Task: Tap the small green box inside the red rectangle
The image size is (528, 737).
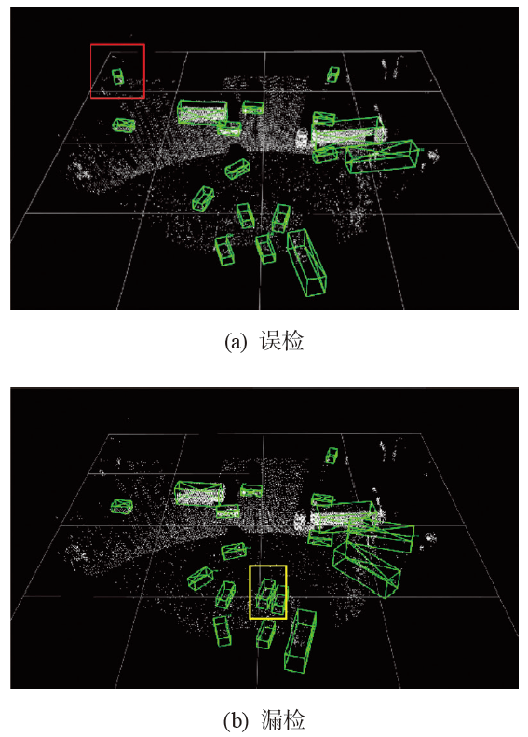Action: pos(117,76)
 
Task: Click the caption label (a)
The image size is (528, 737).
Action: pos(236,342)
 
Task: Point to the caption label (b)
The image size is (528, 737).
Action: pos(236,720)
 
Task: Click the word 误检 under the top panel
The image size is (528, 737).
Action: pos(281,341)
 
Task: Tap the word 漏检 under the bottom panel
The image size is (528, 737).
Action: pos(282,720)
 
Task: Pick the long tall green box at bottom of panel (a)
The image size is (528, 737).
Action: pos(306,262)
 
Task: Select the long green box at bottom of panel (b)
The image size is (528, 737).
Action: pos(300,640)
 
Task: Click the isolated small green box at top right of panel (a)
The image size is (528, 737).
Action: pos(333,75)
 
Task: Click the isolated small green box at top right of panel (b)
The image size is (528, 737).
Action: pos(332,455)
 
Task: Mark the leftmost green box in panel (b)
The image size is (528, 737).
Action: pos(122,506)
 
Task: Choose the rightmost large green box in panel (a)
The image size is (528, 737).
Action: pos(382,157)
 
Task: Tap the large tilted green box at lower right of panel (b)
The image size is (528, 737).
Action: pos(366,567)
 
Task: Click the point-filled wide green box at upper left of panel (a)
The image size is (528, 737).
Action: pos(202,112)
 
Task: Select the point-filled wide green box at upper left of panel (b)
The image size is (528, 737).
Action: pos(199,494)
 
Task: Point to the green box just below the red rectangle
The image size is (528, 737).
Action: pos(124,125)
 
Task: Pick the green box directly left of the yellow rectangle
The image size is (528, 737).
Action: pos(225,594)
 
